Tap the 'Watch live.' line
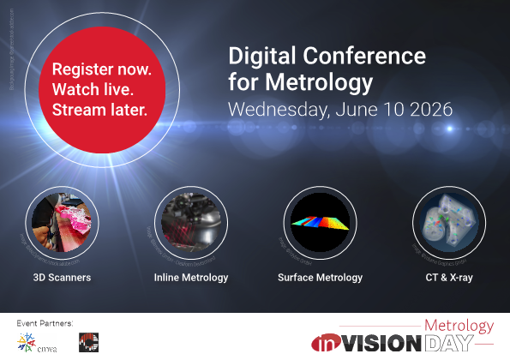tap(92, 89)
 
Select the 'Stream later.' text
tap(99, 109)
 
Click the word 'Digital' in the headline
tap(255, 57)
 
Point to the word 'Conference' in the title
tap(359, 57)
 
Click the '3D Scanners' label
tap(62, 278)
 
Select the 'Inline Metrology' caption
tap(190, 278)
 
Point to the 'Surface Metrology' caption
tap(320, 278)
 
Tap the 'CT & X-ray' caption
tap(448, 278)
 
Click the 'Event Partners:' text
tap(45, 323)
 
